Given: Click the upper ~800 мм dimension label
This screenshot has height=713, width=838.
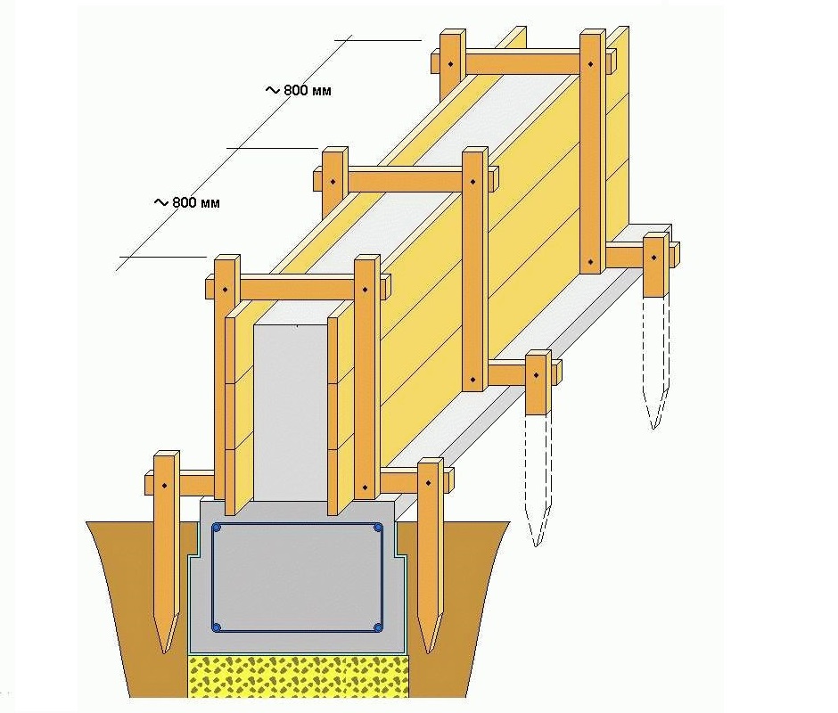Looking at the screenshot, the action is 299,90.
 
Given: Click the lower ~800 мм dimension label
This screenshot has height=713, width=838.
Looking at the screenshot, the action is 186,202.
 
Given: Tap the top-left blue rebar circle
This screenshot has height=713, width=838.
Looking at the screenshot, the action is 217,529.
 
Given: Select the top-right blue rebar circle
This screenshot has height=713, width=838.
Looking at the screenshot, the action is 378,529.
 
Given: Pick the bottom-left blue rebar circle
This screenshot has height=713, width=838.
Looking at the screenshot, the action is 217,627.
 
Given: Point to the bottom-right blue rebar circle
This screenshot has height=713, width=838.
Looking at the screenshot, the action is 378,627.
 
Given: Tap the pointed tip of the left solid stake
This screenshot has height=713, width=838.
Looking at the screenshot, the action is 165,653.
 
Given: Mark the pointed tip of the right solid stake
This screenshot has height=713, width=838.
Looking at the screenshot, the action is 428,652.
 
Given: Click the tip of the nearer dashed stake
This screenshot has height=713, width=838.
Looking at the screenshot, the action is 537,546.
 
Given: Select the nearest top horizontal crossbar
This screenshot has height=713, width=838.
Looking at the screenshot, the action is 298,287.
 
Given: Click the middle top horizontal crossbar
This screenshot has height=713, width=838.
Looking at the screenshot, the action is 405,179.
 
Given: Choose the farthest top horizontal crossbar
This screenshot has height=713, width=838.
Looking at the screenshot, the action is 524,62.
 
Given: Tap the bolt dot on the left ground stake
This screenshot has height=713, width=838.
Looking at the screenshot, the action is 165,486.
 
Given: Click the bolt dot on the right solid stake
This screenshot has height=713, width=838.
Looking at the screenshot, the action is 429,483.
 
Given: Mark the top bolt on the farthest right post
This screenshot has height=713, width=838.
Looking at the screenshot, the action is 590,64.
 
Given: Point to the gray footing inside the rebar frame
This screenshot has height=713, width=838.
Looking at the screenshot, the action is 297,578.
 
